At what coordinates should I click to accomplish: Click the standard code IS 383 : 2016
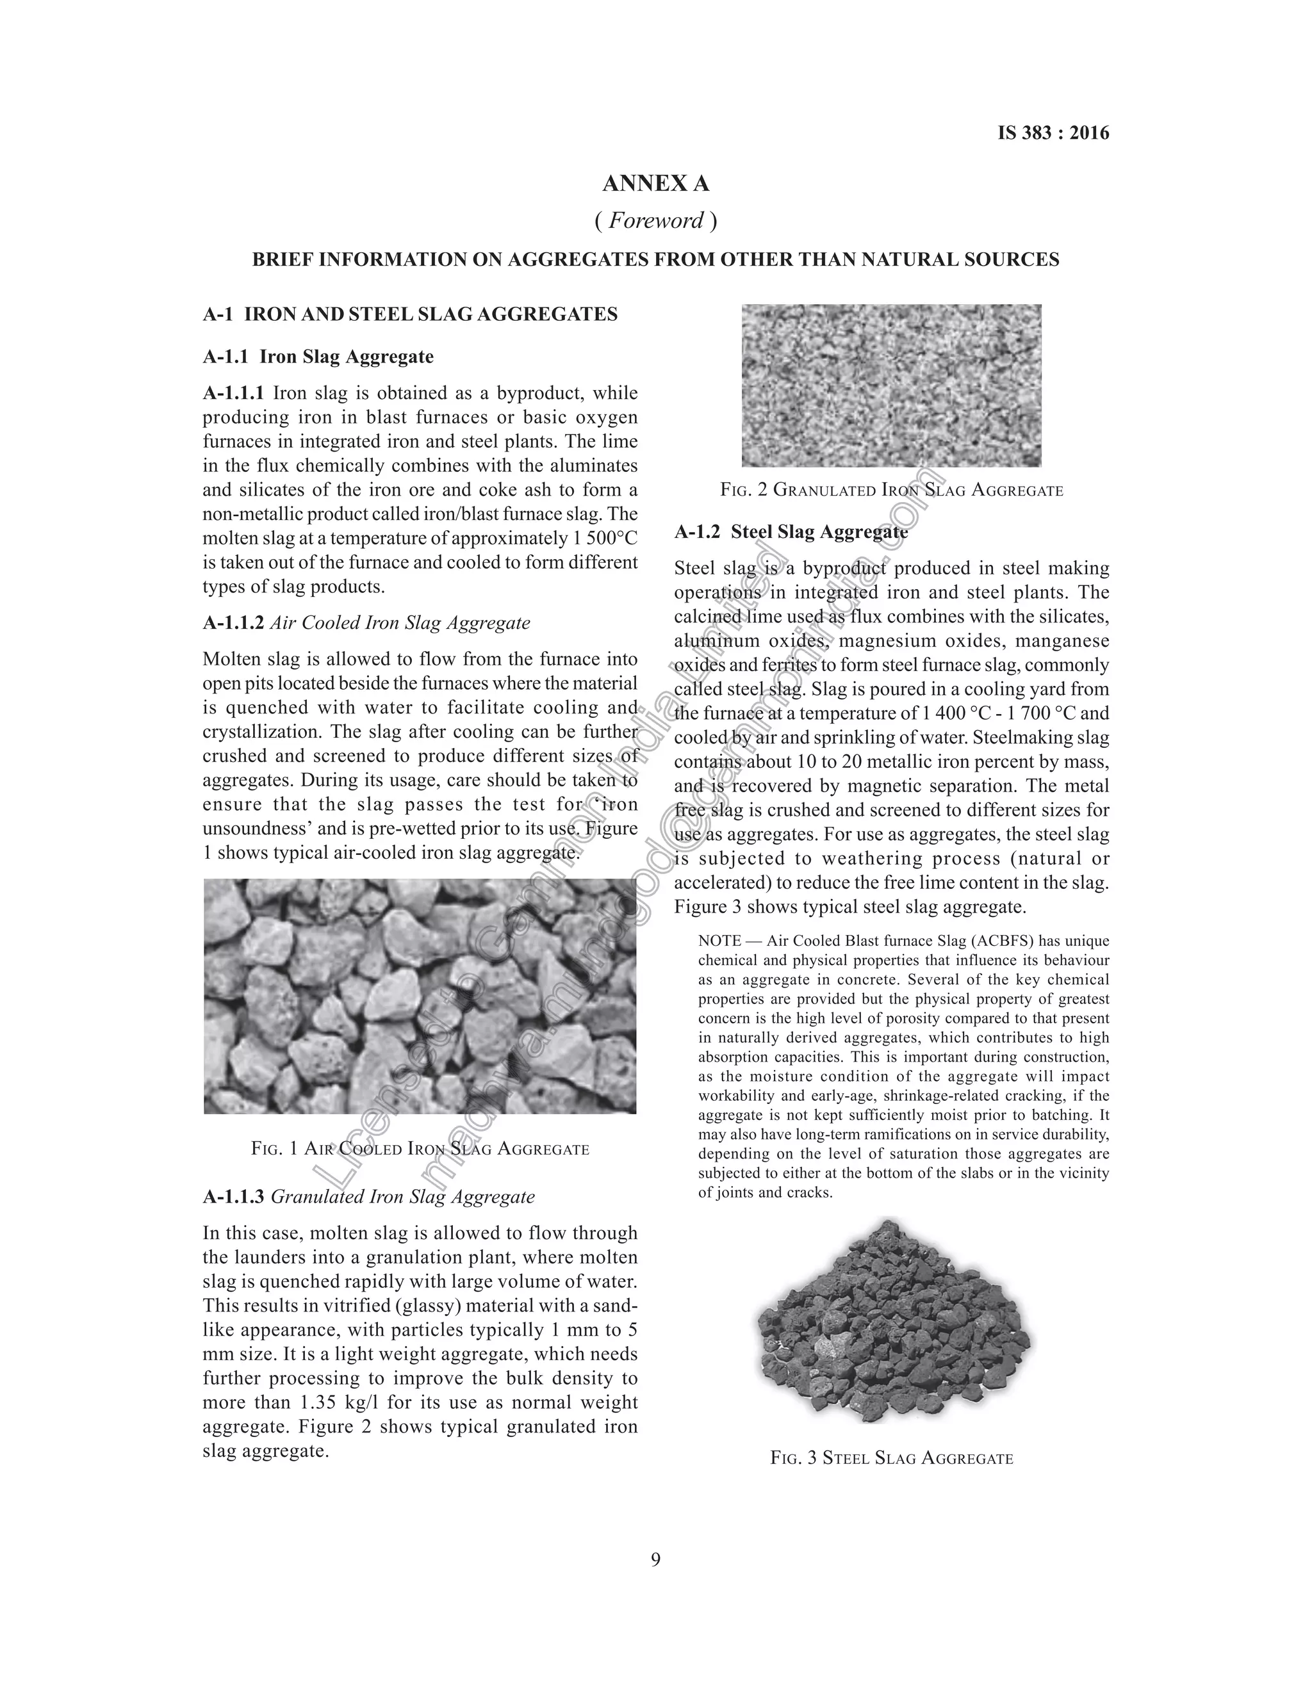[x=1053, y=133]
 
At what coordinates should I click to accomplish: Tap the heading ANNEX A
[x=655, y=184]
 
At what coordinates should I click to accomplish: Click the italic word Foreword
[x=655, y=221]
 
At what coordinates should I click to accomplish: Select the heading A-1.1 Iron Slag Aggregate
[x=318, y=357]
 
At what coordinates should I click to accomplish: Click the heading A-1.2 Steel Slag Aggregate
[x=791, y=532]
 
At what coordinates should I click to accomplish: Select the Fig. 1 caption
[x=420, y=1148]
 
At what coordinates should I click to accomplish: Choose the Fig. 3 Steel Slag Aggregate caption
[x=892, y=1457]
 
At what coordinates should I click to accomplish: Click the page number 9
[x=655, y=1559]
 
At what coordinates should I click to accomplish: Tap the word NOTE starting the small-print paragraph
[x=719, y=941]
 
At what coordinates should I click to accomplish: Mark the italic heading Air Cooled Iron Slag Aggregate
[x=400, y=622]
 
